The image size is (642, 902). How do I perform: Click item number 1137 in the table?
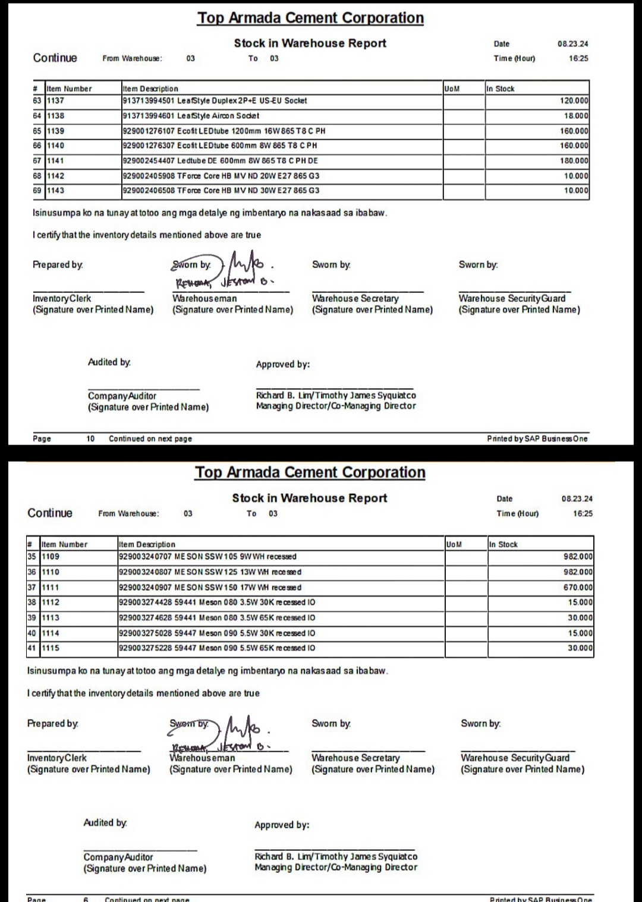pyautogui.click(x=56, y=101)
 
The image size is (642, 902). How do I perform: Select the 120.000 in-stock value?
pyautogui.click(x=574, y=101)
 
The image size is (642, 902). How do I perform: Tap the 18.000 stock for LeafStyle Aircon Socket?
pyautogui.click(x=576, y=116)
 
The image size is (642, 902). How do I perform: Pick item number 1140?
pyautogui.click(x=56, y=146)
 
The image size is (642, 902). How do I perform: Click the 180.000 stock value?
pyautogui.click(x=574, y=161)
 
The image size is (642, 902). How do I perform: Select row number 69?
pyautogui.click(x=37, y=191)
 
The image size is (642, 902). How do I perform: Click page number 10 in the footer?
pyautogui.click(x=90, y=439)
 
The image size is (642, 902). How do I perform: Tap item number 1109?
pyautogui.click(x=51, y=557)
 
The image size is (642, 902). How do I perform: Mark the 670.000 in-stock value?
pyautogui.click(x=578, y=588)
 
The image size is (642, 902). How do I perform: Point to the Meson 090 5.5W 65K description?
pyautogui.click(x=217, y=648)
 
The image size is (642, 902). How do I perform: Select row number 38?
pyautogui.click(x=32, y=603)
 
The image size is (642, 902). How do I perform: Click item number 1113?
pyautogui.click(x=51, y=618)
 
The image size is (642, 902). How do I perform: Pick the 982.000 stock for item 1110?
pyautogui.click(x=578, y=572)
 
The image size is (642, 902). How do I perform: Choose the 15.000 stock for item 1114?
pyautogui.click(x=580, y=633)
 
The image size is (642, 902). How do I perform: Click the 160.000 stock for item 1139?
pyautogui.click(x=574, y=131)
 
